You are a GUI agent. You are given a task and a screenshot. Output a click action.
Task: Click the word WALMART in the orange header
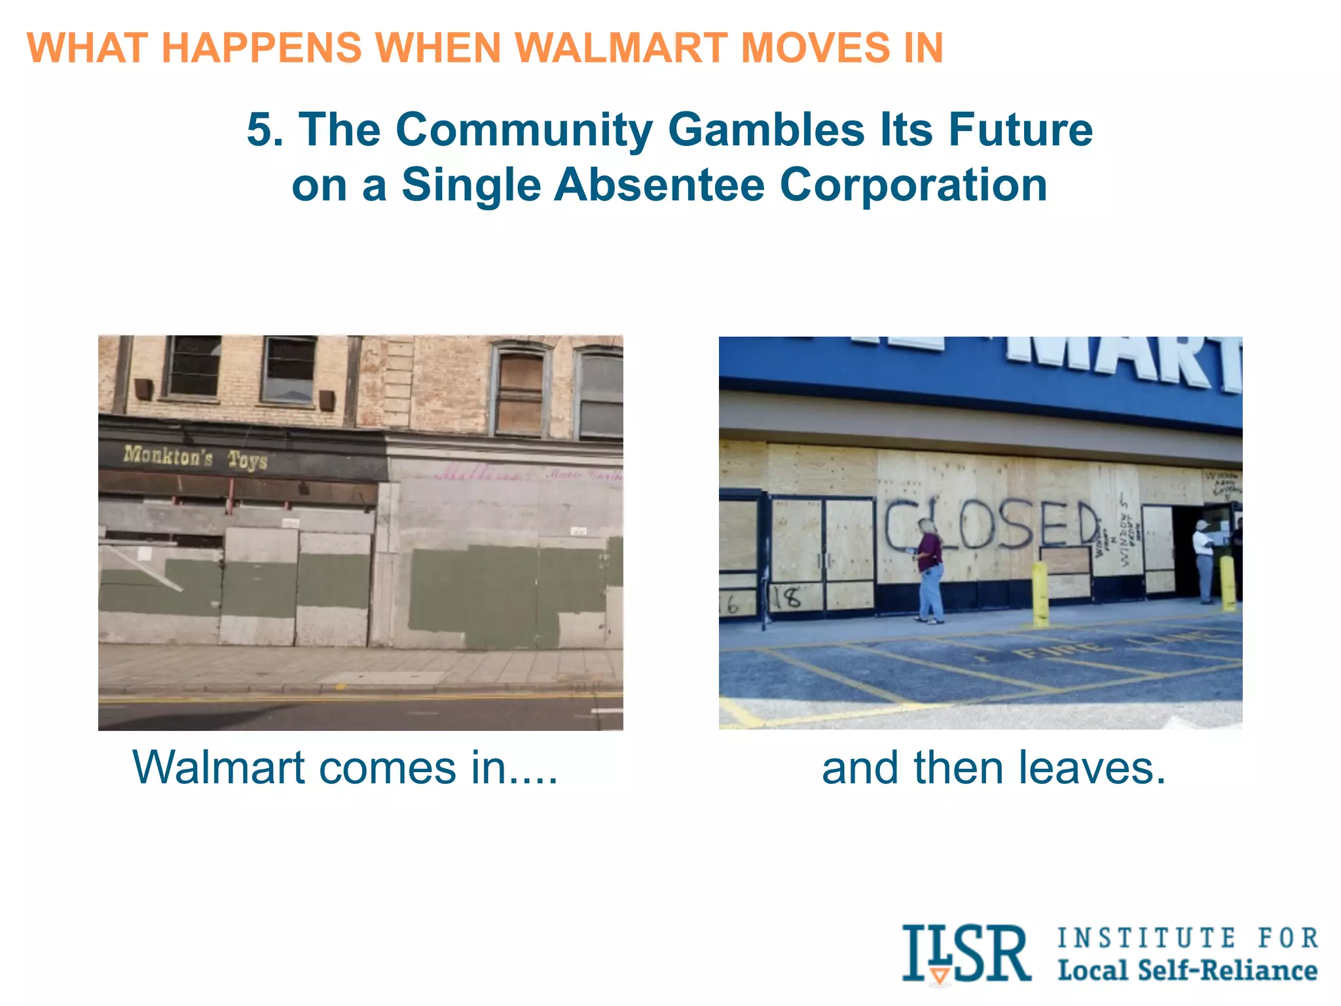(x=621, y=48)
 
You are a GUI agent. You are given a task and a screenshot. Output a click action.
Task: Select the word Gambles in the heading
(x=766, y=129)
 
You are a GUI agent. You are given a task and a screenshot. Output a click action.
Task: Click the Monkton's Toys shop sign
(x=195, y=456)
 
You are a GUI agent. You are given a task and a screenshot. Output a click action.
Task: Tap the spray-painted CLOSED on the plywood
(x=992, y=525)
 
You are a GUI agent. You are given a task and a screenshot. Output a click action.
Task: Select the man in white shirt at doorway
(x=1203, y=560)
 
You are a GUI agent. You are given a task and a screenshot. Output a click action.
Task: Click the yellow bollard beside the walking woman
(x=1040, y=593)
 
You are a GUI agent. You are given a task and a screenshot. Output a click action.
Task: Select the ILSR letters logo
(x=965, y=954)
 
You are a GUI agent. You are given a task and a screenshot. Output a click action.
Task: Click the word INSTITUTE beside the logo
(x=1147, y=938)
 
